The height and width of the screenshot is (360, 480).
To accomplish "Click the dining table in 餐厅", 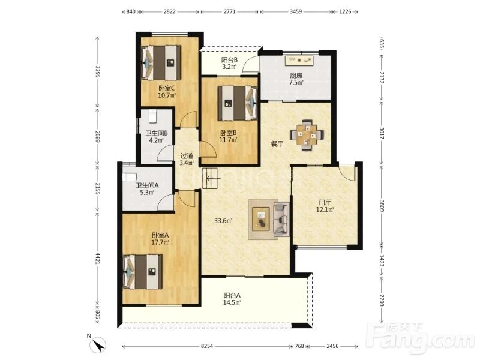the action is point(307,134).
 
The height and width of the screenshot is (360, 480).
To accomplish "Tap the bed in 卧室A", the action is point(143,272).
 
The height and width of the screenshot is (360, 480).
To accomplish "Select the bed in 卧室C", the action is point(161,63).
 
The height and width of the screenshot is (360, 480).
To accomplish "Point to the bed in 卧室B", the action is point(238,103).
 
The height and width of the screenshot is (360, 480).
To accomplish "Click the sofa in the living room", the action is point(281,219).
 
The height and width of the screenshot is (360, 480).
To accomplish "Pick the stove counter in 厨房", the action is point(299,61).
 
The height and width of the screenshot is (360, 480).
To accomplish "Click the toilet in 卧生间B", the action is point(152,116).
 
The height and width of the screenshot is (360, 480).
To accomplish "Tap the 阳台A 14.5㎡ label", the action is point(232,299).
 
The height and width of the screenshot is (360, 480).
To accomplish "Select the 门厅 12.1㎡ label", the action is point(325,206).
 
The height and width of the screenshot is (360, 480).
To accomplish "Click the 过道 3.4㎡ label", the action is point(187,159).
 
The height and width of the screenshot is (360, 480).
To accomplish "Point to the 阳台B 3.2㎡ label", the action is point(229,64).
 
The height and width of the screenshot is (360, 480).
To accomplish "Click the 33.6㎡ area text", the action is point(223,220).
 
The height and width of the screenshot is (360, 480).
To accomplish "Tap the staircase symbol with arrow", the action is point(209,178).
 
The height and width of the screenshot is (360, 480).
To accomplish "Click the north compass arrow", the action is point(99,346).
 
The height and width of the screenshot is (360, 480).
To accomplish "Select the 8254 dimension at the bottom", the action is point(207,346).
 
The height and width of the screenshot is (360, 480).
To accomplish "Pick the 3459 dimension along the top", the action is point(296,11).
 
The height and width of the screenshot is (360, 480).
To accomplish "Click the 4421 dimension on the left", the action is point(98,259).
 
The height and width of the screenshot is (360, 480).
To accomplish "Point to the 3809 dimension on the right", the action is point(382,206).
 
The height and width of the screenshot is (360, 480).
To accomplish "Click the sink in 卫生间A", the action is point(129,177).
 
